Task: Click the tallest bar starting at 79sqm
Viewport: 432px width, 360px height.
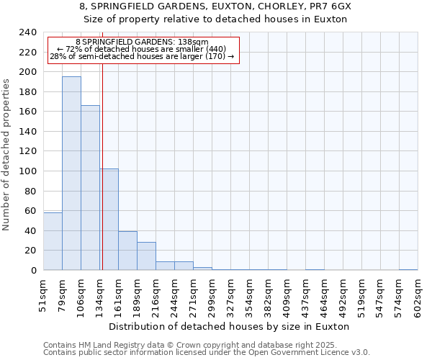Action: tap(71, 173)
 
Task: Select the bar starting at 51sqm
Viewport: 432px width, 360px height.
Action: tap(53, 241)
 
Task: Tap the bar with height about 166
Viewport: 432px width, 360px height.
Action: tap(90, 187)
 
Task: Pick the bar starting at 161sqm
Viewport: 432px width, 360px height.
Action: tap(127, 251)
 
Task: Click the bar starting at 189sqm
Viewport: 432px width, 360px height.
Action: tap(146, 256)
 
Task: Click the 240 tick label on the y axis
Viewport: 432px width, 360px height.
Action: tap(28, 32)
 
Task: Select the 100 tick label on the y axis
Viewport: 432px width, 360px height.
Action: tap(28, 171)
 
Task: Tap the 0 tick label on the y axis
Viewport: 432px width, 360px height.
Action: tap(34, 271)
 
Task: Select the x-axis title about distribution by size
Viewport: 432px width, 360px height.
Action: tap(230, 326)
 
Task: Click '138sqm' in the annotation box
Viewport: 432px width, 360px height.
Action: tap(193, 42)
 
